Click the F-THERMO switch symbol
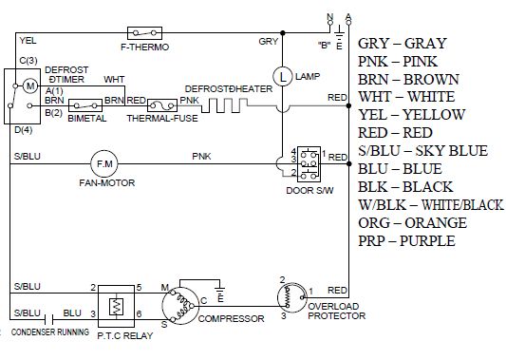click(x=144, y=33)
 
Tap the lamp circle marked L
click(x=283, y=77)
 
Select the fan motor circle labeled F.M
click(x=103, y=164)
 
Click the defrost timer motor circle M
click(x=30, y=85)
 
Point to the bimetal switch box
click(x=85, y=105)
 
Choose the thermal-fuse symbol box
click(x=162, y=105)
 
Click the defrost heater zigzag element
click(x=225, y=105)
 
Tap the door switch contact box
click(x=309, y=164)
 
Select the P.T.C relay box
click(x=116, y=306)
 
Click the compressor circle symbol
click(x=179, y=306)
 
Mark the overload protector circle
click(x=292, y=297)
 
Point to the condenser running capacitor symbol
click(x=48, y=319)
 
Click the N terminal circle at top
click(x=330, y=23)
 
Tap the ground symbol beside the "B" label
click(x=339, y=33)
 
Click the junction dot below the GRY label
click(x=283, y=33)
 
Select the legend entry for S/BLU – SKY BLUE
click(x=422, y=151)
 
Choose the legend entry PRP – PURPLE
click(x=406, y=241)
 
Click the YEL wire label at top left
click(x=28, y=41)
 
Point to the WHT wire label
click(x=114, y=80)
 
